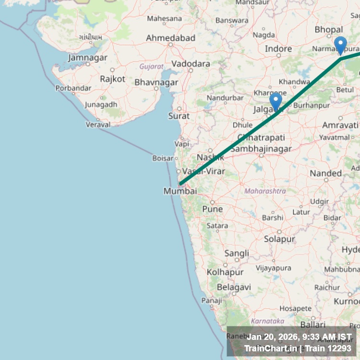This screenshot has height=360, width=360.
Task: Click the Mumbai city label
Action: point(180,191)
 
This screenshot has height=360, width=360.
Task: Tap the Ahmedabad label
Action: point(170,38)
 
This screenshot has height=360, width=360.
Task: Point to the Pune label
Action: point(212,209)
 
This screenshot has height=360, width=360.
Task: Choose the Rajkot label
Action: point(112,79)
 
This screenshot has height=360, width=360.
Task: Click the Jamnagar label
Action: point(88,58)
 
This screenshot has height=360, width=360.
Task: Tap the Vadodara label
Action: point(191,64)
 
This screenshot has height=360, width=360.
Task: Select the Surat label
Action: point(179,116)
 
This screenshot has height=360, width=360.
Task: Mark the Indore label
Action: point(278,49)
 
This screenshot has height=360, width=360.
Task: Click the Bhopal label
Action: point(329,30)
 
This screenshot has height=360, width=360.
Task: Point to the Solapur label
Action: point(279,239)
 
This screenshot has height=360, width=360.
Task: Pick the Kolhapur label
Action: point(225,272)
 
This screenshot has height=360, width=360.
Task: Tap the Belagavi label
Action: point(234,287)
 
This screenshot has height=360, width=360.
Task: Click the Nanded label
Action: point(325,173)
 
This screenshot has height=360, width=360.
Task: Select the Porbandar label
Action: point(73,88)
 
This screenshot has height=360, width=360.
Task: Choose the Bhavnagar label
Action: point(156,83)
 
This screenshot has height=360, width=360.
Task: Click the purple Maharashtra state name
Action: point(265,191)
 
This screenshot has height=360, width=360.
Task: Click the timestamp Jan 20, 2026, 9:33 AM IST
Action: point(299,336)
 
